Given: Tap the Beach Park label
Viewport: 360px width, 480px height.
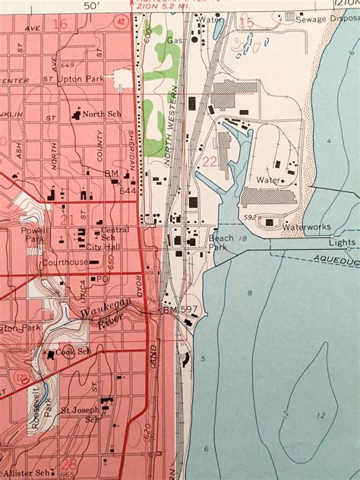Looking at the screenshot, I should [x=220, y=242].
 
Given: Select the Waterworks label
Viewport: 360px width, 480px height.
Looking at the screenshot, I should [x=302, y=226].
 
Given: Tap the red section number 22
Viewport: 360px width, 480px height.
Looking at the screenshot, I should [x=210, y=161].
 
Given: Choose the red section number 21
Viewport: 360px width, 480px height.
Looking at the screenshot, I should [x=66, y=219].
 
